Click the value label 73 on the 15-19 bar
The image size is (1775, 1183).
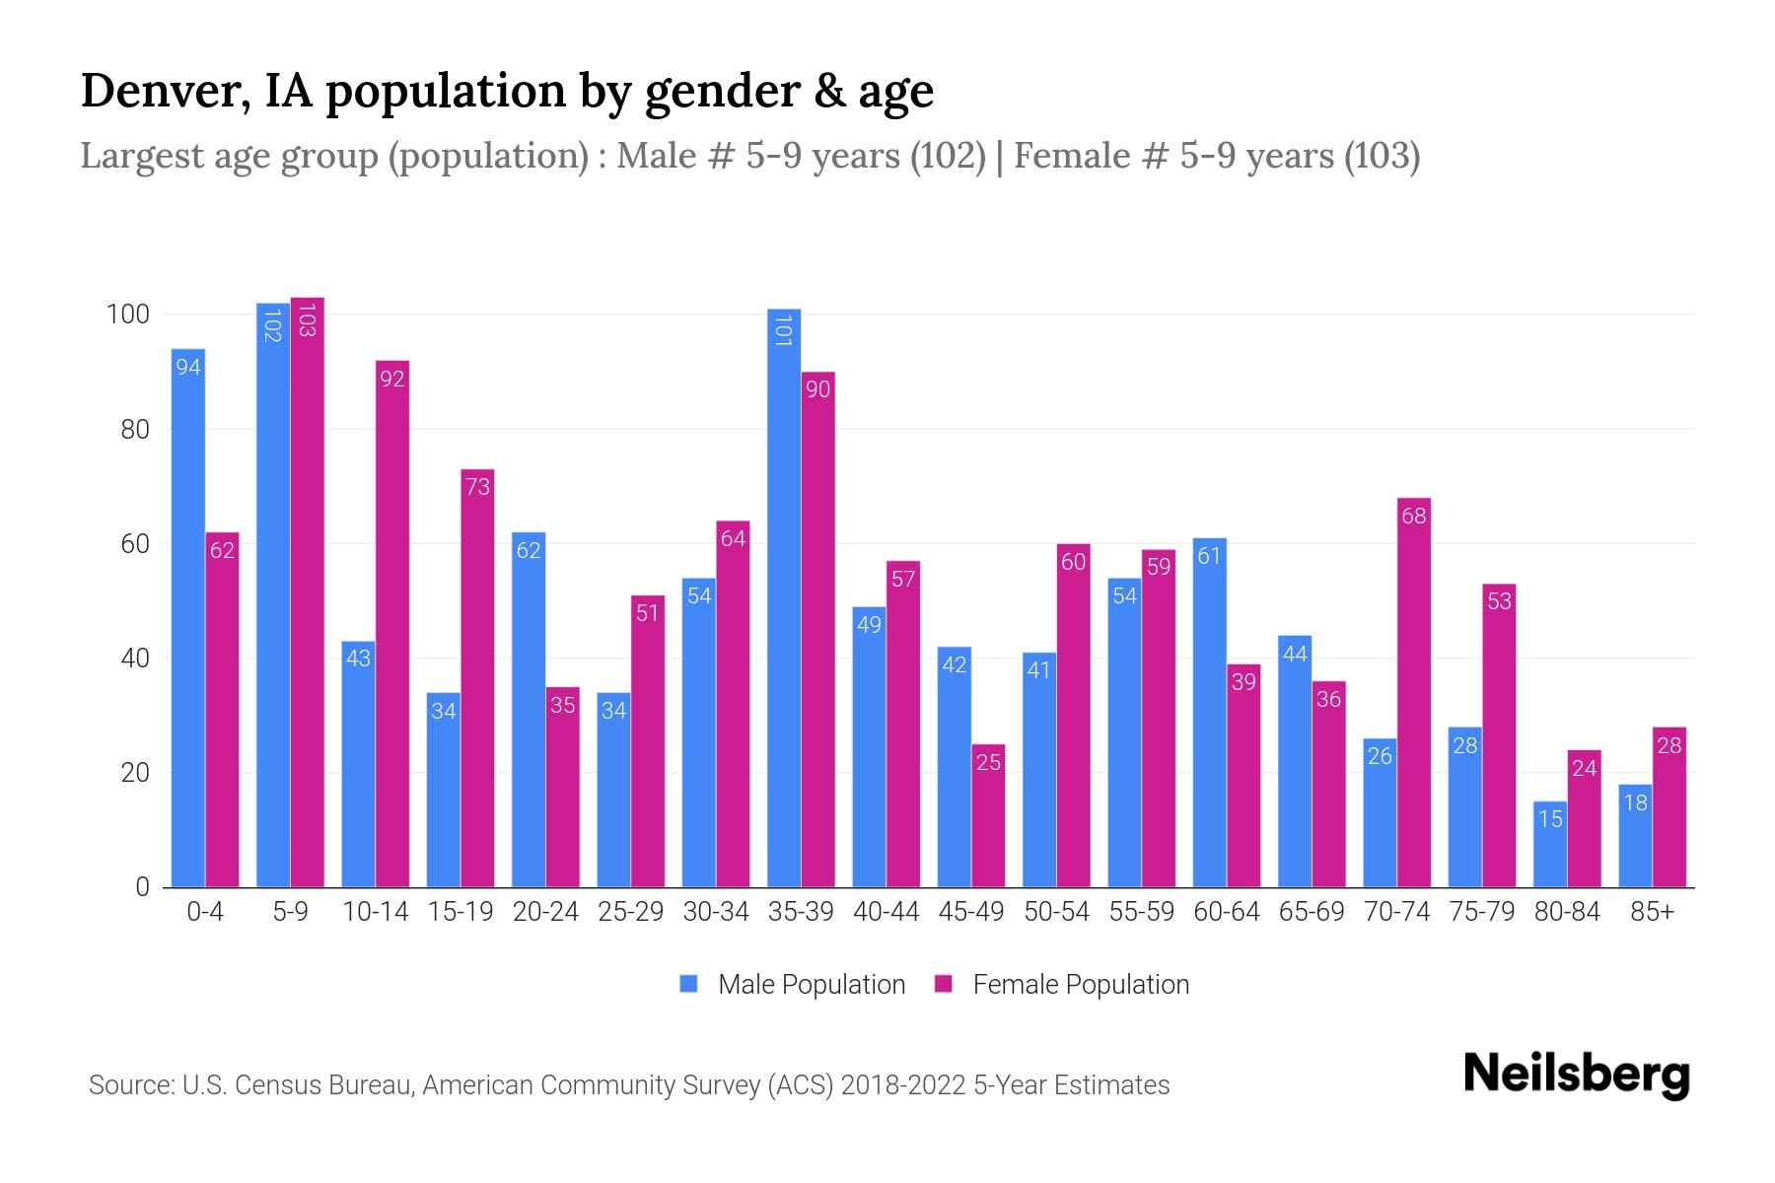click(477, 487)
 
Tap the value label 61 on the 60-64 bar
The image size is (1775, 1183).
click(1209, 556)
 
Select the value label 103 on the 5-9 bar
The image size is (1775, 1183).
click(307, 320)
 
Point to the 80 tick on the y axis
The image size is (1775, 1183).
click(134, 430)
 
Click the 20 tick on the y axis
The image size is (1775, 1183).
click(134, 773)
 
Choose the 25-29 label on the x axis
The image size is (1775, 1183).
click(630, 912)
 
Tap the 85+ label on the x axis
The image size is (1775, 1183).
click(1652, 912)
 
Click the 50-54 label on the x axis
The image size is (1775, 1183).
click(1056, 912)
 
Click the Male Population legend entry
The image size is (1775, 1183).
click(811, 984)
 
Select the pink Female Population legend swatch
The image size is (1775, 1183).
click(944, 984)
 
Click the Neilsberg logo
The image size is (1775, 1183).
click(1576, 1076)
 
